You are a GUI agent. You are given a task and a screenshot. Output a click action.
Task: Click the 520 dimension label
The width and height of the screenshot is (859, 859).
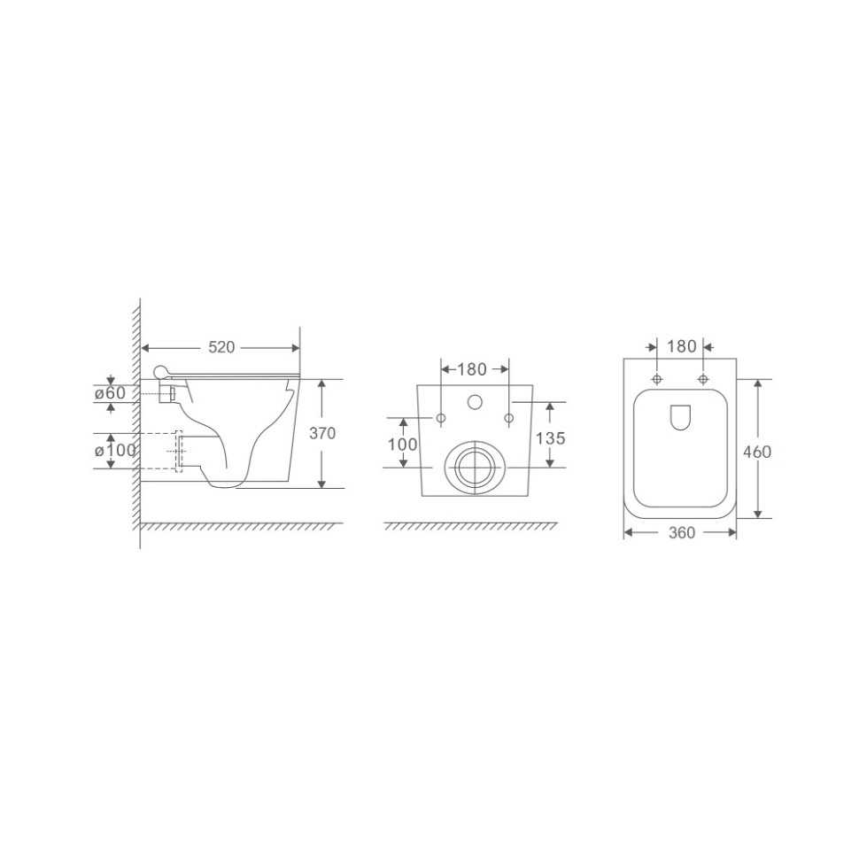[x=221, y=347]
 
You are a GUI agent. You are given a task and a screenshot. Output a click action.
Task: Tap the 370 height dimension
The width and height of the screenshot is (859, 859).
[x=322, y=433]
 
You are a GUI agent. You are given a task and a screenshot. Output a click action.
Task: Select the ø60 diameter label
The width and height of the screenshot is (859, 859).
[x=110, y=393]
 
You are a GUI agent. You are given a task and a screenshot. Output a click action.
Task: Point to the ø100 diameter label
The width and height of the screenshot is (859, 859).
[x=115, y=451]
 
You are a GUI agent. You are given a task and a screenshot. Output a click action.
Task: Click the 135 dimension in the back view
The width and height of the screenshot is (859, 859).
[x=550, y=438]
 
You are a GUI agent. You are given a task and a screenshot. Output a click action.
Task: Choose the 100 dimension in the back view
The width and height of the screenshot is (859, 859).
[x=403, y=444]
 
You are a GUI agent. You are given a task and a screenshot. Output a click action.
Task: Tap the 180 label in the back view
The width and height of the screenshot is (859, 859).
[x=472, y=370]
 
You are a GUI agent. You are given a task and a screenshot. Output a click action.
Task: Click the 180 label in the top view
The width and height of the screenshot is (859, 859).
[x=682, y=346]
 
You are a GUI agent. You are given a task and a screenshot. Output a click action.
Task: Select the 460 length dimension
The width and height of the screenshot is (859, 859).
[x=757, y=452]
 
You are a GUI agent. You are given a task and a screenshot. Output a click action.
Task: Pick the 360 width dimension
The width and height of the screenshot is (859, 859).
[x=682, y=532]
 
